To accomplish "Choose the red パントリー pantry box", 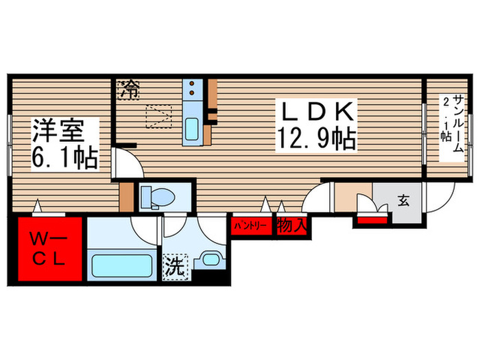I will [251, 225].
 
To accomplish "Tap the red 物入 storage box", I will [292, 225].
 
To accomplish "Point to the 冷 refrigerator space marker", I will [128, 89].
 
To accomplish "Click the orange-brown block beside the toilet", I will [126, 197].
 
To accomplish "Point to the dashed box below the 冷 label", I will [160, 115].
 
